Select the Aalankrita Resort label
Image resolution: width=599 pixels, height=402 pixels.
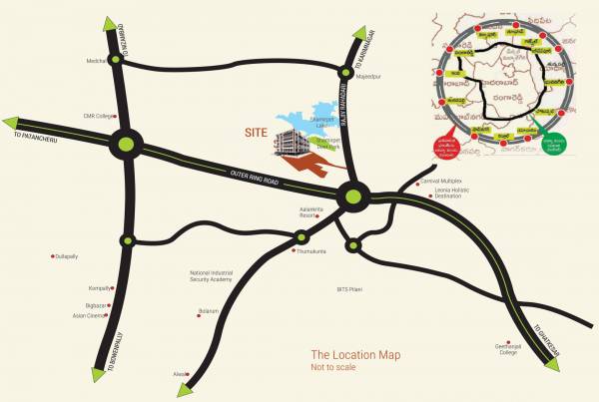(312, 212)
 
